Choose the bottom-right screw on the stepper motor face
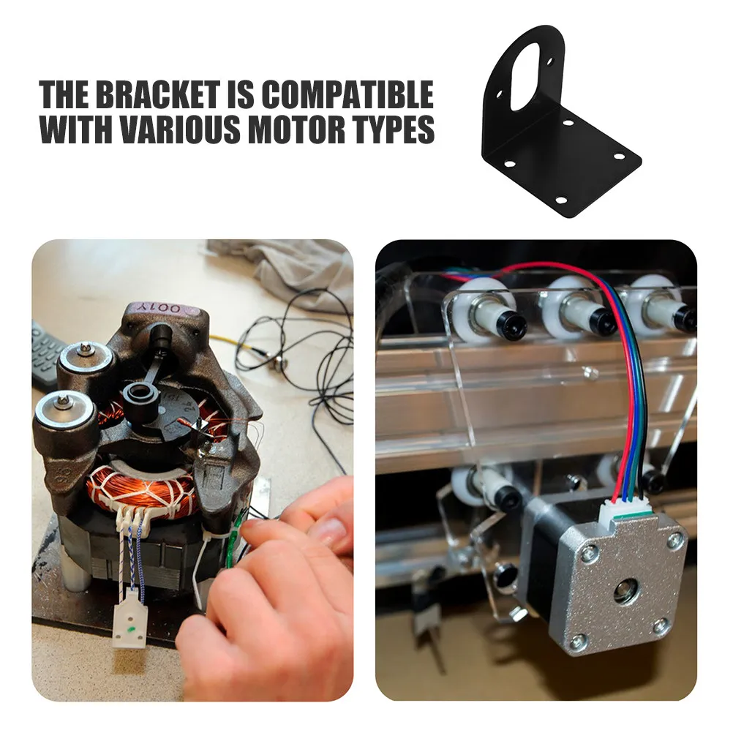pyautogui.click(x=660, y=626)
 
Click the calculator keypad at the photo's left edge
pyautogui.click(x=45, y=352)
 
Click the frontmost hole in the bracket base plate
pyautogui.click(x=561, y=200)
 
